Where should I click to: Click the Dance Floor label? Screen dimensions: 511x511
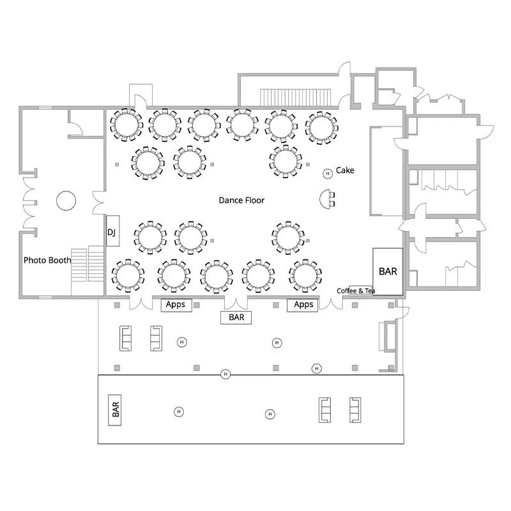click(x=241, y=201)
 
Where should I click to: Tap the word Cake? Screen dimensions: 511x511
click(x=345, y=171)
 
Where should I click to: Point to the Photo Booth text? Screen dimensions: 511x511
click(x=47, y=261)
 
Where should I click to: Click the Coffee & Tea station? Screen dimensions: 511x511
click(x=356, y=291)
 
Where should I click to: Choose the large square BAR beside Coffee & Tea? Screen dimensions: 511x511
click(x=388, y=271)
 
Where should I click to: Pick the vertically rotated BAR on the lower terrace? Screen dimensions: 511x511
click(x=116, y=409)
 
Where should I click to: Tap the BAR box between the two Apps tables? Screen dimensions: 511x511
click(x=236, y=317)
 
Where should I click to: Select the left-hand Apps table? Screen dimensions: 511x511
click(x=176, y=305)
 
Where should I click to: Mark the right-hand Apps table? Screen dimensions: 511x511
click(x=303, y=305)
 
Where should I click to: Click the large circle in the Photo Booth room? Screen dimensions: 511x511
click(x=66, y=201)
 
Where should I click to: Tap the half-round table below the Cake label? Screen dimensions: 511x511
click(x=328, y=199)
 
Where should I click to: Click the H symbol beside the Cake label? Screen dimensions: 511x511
click(x=327, y=172)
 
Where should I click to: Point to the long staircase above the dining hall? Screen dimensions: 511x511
click(x=296, y=96)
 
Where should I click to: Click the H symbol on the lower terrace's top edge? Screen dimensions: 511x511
click(x=225, y=374)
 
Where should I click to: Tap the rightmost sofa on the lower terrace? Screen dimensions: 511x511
click(x=355, y=409)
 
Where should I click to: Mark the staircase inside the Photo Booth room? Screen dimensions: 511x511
click(x=87, y=265)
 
